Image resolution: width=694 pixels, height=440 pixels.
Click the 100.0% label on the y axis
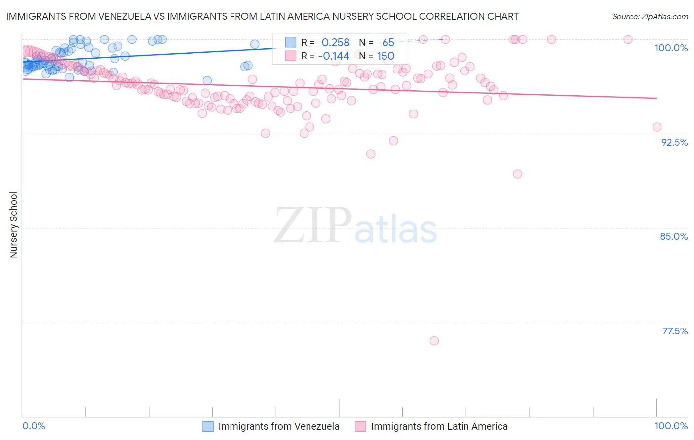pos(671,48)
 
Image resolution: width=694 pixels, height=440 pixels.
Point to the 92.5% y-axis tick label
pos(674,142)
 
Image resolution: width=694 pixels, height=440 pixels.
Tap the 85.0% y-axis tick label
pos(674,236)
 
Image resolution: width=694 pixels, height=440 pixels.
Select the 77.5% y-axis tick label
pos(675,331)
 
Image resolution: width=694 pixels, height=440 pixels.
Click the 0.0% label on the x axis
pos(34,426)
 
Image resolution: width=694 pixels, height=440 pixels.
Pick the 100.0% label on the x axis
pos(671,426)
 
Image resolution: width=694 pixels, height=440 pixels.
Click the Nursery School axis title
pos(13,225)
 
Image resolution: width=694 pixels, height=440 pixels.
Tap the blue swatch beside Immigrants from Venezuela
pos(208,426)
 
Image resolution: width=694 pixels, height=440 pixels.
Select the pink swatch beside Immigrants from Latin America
pos(360,426)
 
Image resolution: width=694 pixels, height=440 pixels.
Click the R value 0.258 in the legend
pos(335,43)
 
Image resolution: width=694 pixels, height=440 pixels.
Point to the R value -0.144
pos(333,56)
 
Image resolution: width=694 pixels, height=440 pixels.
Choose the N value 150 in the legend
pos(386,56)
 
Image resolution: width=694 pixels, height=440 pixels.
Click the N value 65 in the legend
pos(388,43)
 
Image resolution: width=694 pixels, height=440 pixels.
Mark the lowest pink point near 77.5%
pos(434,341)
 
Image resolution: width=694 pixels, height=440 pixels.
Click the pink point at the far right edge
pos(657,127)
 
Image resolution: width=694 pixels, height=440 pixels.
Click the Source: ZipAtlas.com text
pos(650,16)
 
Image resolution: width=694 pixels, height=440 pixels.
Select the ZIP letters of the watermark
pos(313,225)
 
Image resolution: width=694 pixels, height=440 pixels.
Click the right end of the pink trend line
pos(656,98)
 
